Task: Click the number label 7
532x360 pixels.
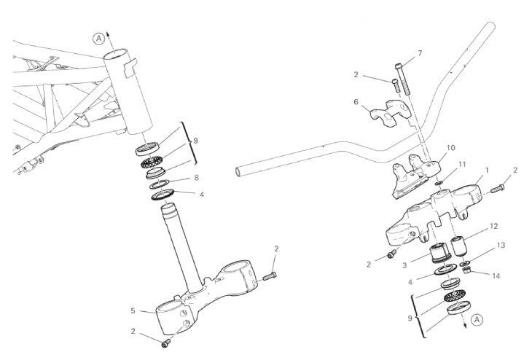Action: (x=420, y=54)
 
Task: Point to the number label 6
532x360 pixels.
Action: (x=356, y=102)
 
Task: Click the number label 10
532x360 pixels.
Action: (x=451, y=148)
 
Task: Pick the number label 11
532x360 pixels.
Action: (x=462, y=165)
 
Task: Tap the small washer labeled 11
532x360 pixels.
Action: (x=439, y=184)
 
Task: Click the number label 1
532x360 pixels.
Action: (x=488, y=170)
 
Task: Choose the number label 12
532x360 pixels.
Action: (x=493, y=226)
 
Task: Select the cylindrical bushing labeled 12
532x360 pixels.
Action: (x=458, y=246)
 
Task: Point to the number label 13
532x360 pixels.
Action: (x=501, y=245)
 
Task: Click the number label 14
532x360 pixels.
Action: (x=496, y=276)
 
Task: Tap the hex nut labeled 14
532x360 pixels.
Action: (x=468, y=270)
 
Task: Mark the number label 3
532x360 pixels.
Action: (x=404, y=265)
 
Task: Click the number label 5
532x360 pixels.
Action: (x=133, y=310)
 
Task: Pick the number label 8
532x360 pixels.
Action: (x=196, y=178)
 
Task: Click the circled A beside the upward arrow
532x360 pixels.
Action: (x=98, y=39)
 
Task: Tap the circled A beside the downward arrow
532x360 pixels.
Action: (x=477, y=320)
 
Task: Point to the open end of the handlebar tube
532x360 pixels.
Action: (x=239, y=171)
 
